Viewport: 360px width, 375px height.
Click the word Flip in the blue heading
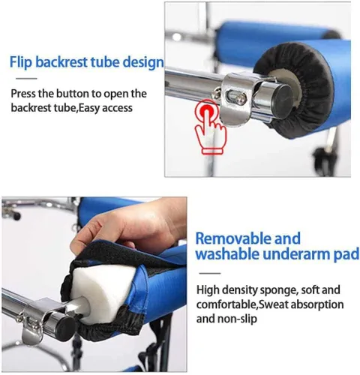21,61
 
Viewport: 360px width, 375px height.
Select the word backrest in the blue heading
61,61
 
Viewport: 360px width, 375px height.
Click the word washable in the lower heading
228,254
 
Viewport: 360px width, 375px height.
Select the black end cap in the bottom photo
65,325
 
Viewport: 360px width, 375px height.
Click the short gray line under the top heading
26,79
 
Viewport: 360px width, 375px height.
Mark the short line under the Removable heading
210,273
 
